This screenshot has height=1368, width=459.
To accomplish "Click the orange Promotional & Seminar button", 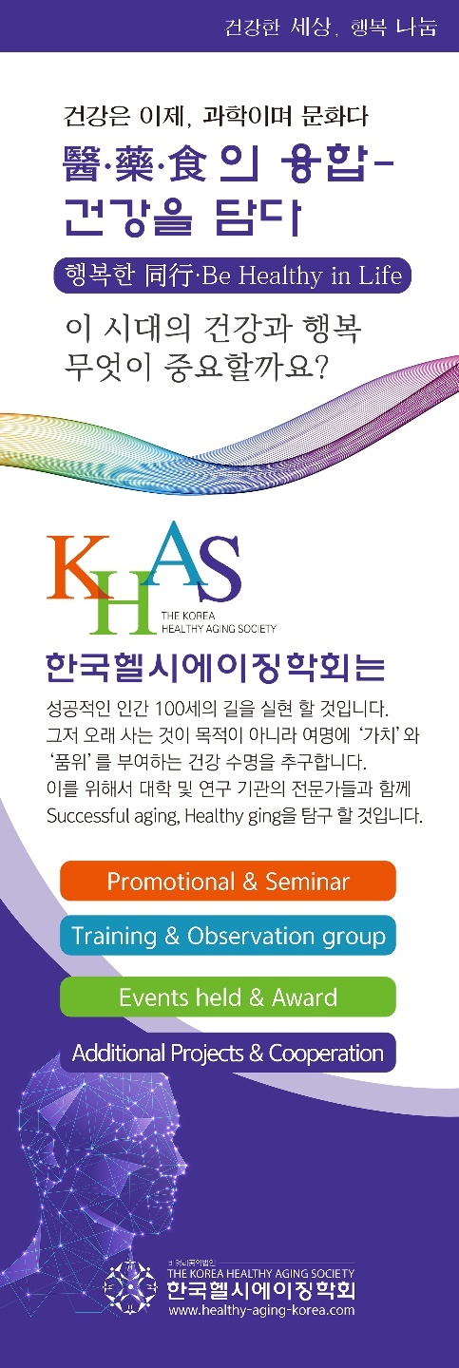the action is coord(228,881).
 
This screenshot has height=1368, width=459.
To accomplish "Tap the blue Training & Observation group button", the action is coord(228,935).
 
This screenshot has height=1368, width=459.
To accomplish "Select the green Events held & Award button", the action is coord(228,997).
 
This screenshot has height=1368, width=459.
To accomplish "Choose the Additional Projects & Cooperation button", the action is coord(228,1053).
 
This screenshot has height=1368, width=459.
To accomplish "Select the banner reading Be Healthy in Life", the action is coord(232,275).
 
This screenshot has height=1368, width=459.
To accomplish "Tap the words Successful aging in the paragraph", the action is coord(113,816).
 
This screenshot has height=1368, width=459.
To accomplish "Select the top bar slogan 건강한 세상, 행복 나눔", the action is coord(331,28).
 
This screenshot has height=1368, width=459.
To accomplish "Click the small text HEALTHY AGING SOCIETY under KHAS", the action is coord(219,628).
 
